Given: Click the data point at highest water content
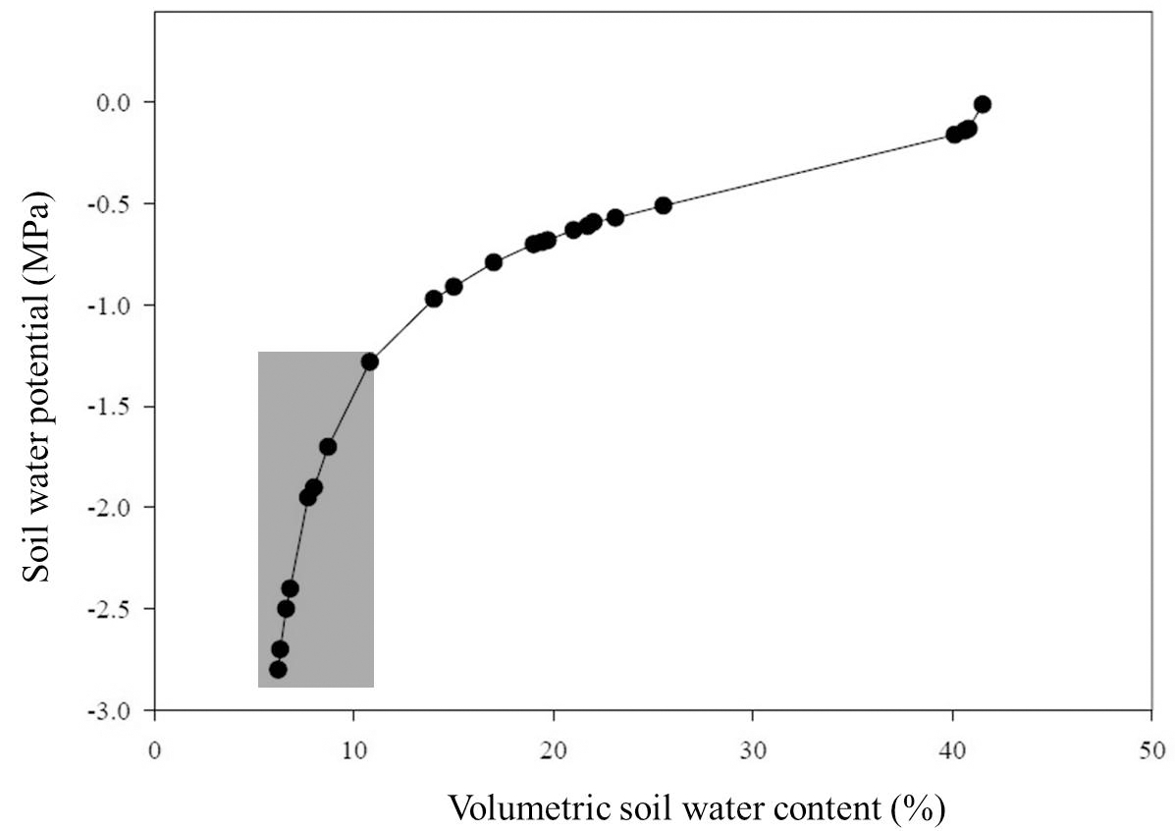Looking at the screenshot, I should [x=982, y=104].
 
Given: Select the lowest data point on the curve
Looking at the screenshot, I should [x=278, y=669].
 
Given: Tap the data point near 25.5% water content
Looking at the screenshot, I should [x=663, y=205].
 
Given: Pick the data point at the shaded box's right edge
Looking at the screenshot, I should [x=369, y=361].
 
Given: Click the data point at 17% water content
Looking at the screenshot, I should [x=494, y=262].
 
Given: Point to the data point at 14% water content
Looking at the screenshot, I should [x=434, y=299].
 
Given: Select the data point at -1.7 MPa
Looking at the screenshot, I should [x=328, y=446].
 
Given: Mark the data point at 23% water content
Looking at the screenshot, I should [x=615, y=217].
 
